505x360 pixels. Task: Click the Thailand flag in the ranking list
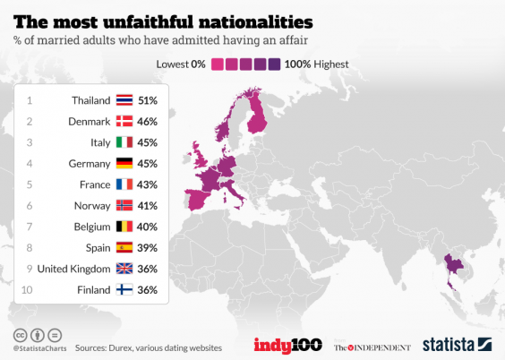tap(124, 100)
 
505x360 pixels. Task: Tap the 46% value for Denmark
tap(147, 122)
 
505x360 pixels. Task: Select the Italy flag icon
tap(124, 142)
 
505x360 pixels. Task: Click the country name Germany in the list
tap(89, 164)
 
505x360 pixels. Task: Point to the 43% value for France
tap(147, 184)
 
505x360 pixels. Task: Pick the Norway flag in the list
tap(124, 206)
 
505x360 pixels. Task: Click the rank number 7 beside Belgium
tap(30, 227)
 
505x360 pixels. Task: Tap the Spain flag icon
tap(124, 248)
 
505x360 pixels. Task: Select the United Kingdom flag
tap(124, 269)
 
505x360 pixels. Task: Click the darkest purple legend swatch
tap(274, 64)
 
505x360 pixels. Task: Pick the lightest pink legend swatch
tap(218, 64)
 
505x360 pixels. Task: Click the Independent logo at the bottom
tap(372, 347)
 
